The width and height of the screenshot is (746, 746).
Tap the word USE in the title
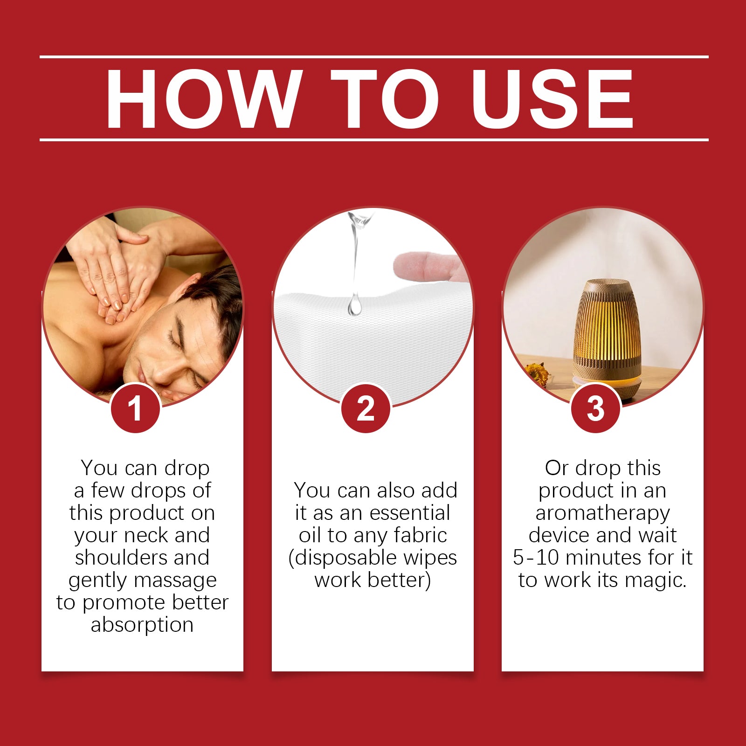pos(552,98)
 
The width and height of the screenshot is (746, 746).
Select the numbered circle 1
pos(135,408)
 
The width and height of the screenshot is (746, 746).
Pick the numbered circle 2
pos(366,408)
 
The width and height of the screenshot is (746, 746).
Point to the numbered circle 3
pos(595,408)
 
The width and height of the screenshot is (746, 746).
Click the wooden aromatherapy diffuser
pos(606,338)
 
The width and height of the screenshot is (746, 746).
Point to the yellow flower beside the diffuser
pos(537,373)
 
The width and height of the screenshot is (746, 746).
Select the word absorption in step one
pos(142,625)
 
